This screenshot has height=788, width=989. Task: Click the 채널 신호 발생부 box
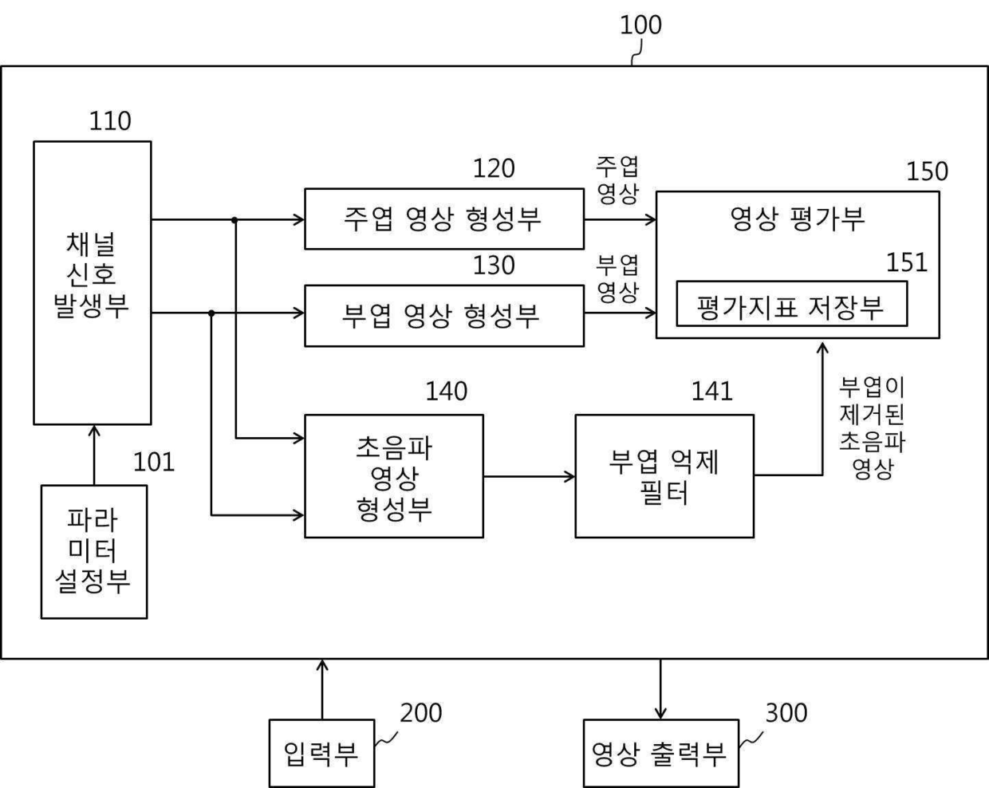click(x=92, y=282)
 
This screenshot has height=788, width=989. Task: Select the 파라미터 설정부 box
click(x=94, y=551)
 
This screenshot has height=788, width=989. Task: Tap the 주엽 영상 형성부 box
click(x=443, y=219)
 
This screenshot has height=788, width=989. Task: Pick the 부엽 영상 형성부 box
click(x=443, y=316)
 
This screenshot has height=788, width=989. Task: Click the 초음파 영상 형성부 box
click(x=394, y=476)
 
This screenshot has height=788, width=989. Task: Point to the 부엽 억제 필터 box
click(x=664, y=476)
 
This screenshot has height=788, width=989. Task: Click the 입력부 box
click(x=321, y=753)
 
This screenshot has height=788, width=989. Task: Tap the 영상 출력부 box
click(x=660, y=753)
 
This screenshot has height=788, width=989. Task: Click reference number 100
click(x=640, y=26)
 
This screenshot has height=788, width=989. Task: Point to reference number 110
click(x=110, y=121)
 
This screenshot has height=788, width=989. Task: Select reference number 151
click(x=907, y=263)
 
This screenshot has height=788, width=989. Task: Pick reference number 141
click(x=711, y=391)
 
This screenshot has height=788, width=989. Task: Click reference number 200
click(x=420, y=713)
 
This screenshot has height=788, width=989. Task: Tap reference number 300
click(x=786, y=713)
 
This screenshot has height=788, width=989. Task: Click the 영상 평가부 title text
click(x=798, y=218)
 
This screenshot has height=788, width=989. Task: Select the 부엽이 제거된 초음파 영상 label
click(x=872, y=427)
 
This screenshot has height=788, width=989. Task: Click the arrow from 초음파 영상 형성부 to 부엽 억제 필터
click(x=529, y=477)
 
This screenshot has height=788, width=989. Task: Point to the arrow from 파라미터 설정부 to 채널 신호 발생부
click(x=94, y=455)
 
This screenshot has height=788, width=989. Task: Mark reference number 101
click(x=153, y=462)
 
